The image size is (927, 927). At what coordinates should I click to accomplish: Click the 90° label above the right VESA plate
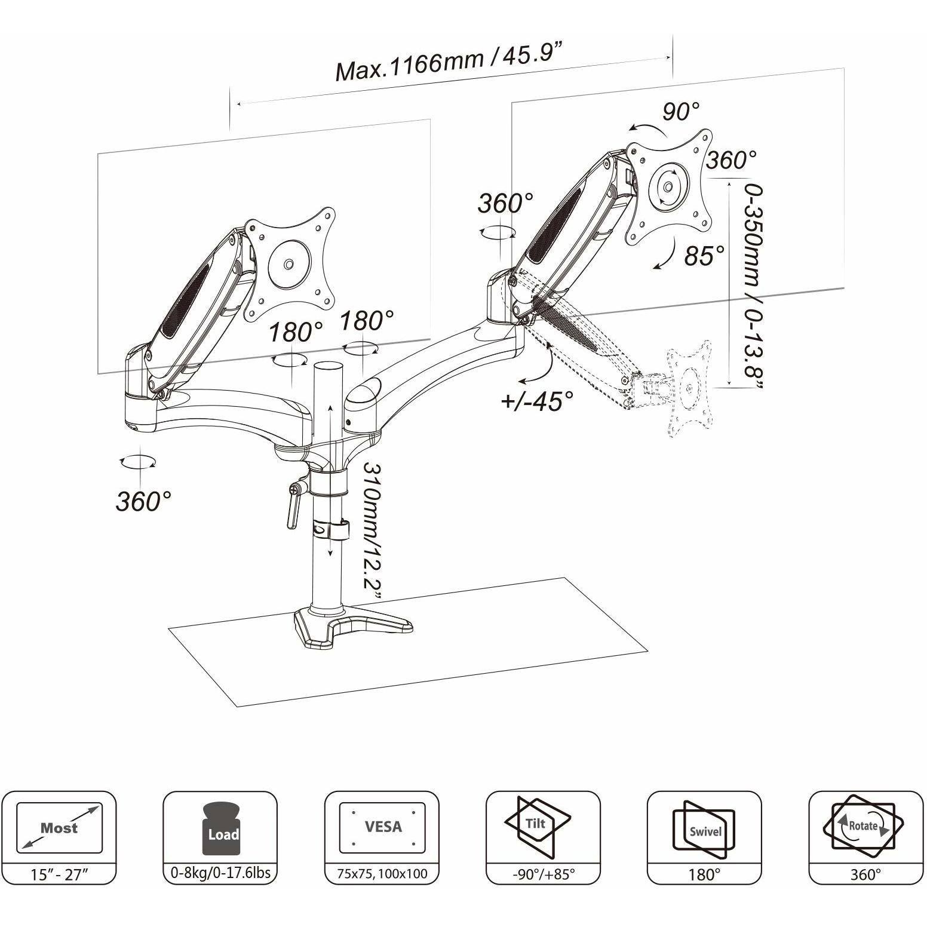tap(680, 111)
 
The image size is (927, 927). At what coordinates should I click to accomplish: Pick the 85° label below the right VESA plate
tap(704, 256)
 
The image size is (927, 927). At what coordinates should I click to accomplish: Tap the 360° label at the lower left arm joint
tap(143, 501)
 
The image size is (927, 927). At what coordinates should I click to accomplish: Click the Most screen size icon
tap(59, 828)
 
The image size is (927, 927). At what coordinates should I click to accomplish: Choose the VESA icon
tap(382, 827)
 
